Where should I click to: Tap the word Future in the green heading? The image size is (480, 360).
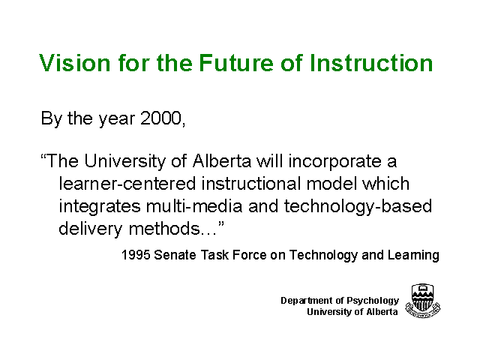[235, 63]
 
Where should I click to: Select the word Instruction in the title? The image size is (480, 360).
[371, 63]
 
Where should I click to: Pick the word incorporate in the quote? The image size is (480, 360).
[334, 162]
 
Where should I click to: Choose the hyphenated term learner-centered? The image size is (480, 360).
[127, 184]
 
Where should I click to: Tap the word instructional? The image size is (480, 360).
[251, 184]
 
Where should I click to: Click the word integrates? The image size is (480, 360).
[100, 207]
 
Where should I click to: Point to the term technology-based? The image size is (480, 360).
[358, 207]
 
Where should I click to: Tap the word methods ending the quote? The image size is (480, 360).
[164, 228]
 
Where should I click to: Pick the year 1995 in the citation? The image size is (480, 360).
[135, 255]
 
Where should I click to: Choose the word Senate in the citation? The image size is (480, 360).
[175, 255]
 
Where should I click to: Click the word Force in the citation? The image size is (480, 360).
[249, 255]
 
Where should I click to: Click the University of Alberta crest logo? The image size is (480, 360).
[423, 301]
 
